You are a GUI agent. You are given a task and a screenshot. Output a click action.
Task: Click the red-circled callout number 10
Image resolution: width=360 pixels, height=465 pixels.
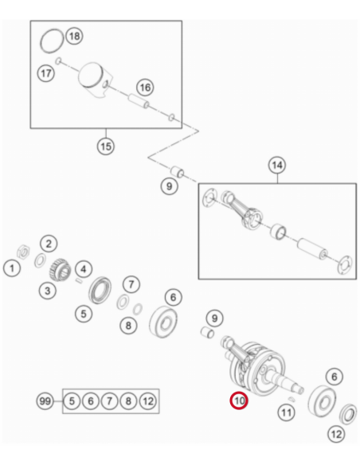pos(239,401)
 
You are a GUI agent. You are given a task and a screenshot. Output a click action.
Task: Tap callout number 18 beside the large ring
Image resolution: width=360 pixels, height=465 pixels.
pos(74,36)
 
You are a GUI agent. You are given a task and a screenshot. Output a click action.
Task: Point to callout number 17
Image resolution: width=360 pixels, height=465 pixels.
pos(46,73)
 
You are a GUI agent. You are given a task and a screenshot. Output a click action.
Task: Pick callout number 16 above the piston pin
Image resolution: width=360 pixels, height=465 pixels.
pos(145,88)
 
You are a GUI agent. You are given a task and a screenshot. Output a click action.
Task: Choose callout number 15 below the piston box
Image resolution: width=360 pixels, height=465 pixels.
pos(106,147)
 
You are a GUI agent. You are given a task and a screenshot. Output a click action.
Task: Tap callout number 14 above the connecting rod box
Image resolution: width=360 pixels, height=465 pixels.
pos(277,165)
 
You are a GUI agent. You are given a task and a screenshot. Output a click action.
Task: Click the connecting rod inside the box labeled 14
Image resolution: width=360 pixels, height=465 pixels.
pos(241,209)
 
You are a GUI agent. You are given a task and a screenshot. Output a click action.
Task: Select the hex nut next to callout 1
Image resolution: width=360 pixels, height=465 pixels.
pos(23,252)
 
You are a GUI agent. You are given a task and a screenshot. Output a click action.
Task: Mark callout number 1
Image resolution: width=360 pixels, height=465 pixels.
pos(12,268)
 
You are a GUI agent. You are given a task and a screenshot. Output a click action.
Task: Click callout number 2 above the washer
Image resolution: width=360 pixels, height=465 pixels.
pos(49,244)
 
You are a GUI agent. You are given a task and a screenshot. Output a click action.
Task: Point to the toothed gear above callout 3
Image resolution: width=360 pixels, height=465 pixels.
pos(60,269)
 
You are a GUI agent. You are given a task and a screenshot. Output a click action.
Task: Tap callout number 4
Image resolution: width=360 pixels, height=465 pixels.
pos(84,269)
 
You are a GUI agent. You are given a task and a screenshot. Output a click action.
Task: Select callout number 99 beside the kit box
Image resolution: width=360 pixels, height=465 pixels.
pos(45,401)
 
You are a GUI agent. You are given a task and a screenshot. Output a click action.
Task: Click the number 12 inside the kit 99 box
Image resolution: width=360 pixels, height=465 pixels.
pos(147,401)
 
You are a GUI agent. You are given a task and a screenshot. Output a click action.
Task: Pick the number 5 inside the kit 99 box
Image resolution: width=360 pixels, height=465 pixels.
pos(72,401)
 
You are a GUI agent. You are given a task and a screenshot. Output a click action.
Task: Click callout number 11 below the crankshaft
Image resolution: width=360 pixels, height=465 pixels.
pos(287,412)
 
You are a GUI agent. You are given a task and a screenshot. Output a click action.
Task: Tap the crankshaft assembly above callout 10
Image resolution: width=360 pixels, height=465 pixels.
pos(261,366)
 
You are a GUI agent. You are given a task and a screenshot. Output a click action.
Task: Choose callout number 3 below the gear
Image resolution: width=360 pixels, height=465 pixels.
pos(48,291)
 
